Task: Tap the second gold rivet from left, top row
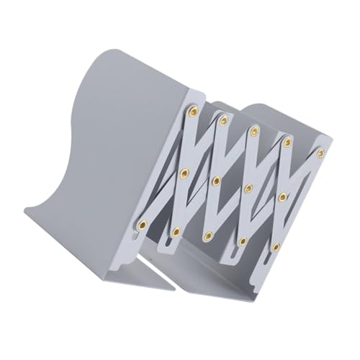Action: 223,120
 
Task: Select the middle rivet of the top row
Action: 254,131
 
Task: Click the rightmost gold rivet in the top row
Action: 320,153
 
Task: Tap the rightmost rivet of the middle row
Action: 282,196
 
